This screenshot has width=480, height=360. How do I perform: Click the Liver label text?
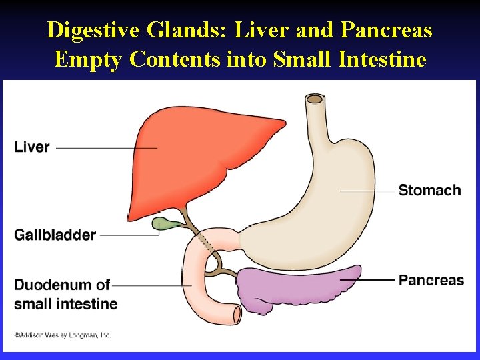pos(32,147)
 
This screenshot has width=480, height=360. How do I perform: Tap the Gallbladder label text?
pos(55,235)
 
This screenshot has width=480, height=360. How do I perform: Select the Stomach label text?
pos(429,191)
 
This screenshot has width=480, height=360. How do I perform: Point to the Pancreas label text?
pos(431,280)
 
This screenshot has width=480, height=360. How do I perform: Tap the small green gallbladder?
pos(162,224)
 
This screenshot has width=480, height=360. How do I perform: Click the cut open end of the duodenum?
pos(235,313)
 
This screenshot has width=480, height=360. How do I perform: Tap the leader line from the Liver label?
pos(107,147)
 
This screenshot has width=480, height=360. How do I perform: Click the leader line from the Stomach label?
pos(367,191)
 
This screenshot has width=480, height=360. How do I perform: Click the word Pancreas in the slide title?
pos(385,30)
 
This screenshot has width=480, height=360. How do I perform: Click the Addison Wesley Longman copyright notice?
pos(63,335)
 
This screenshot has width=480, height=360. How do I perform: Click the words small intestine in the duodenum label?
pos(66,304)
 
